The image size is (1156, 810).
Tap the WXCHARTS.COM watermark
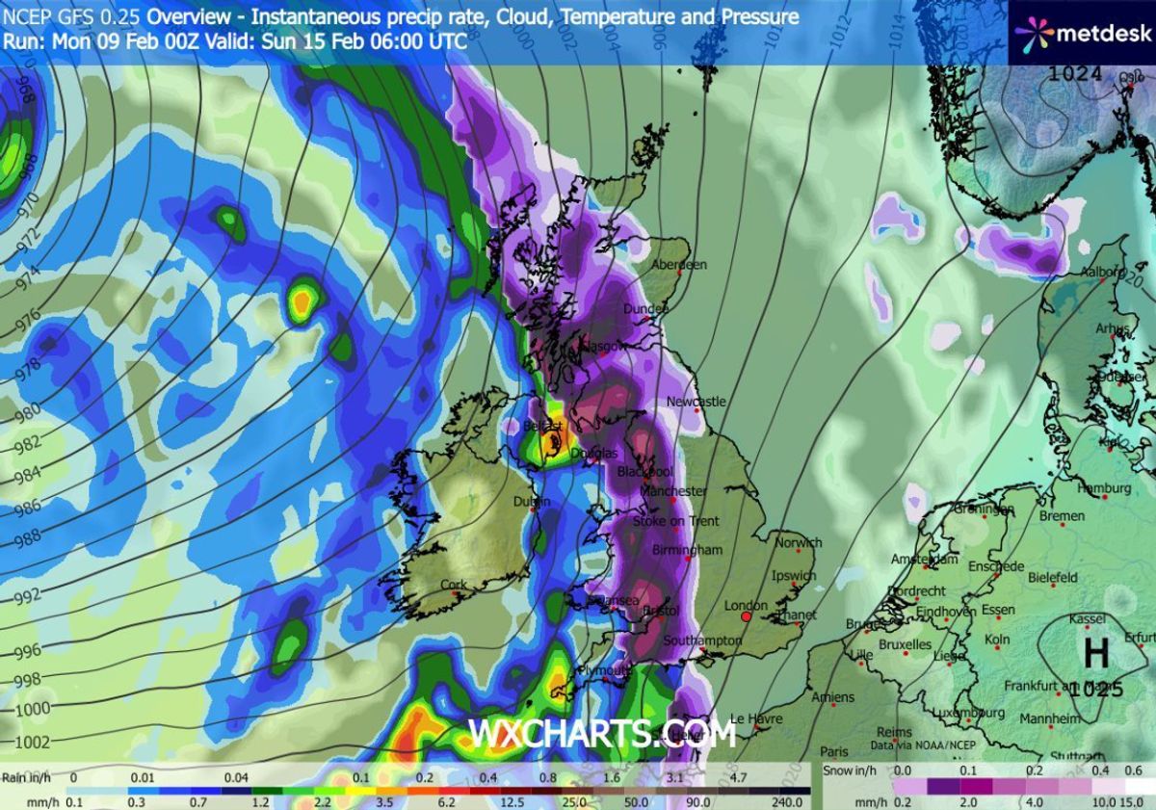(x=602, y=733)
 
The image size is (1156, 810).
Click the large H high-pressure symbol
(x=1096, y=654)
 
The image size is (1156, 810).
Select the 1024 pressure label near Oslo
(x=1075, y=73)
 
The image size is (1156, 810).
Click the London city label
(x=745, y=606)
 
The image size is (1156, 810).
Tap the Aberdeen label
(x=679, y=264)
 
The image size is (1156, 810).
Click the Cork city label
(x=453, y=585)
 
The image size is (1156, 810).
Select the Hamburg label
(x=1104, y=489)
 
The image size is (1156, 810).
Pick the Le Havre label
(x=753, y=719)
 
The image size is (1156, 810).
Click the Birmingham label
(x=687, y=550)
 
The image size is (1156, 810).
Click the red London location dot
(x=746, y=616)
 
